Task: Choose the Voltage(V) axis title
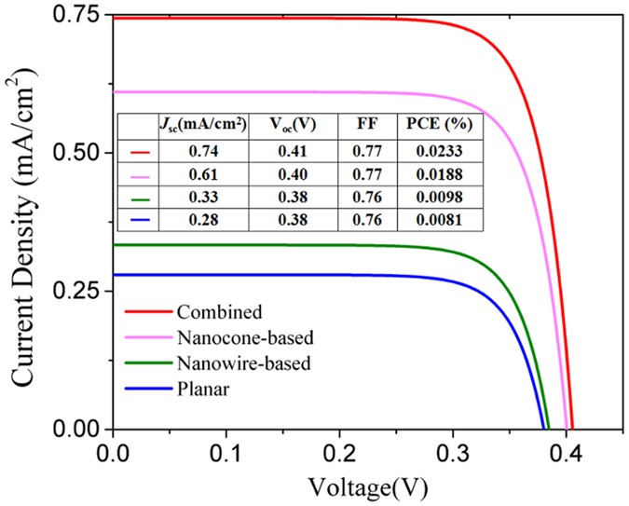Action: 371,485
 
